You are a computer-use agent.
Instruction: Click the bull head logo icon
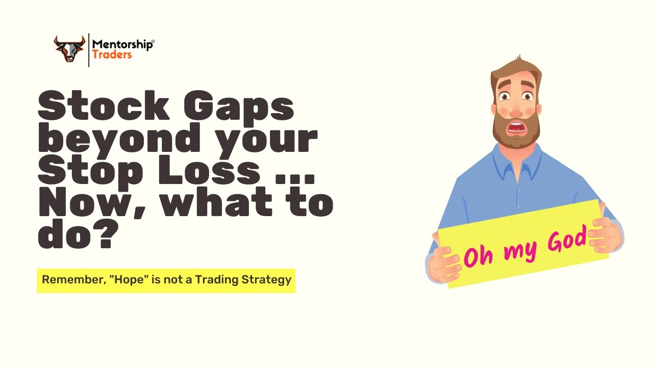point(69,48)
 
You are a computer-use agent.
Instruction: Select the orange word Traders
point(112,55)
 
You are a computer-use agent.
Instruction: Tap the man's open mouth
point(517,127)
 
